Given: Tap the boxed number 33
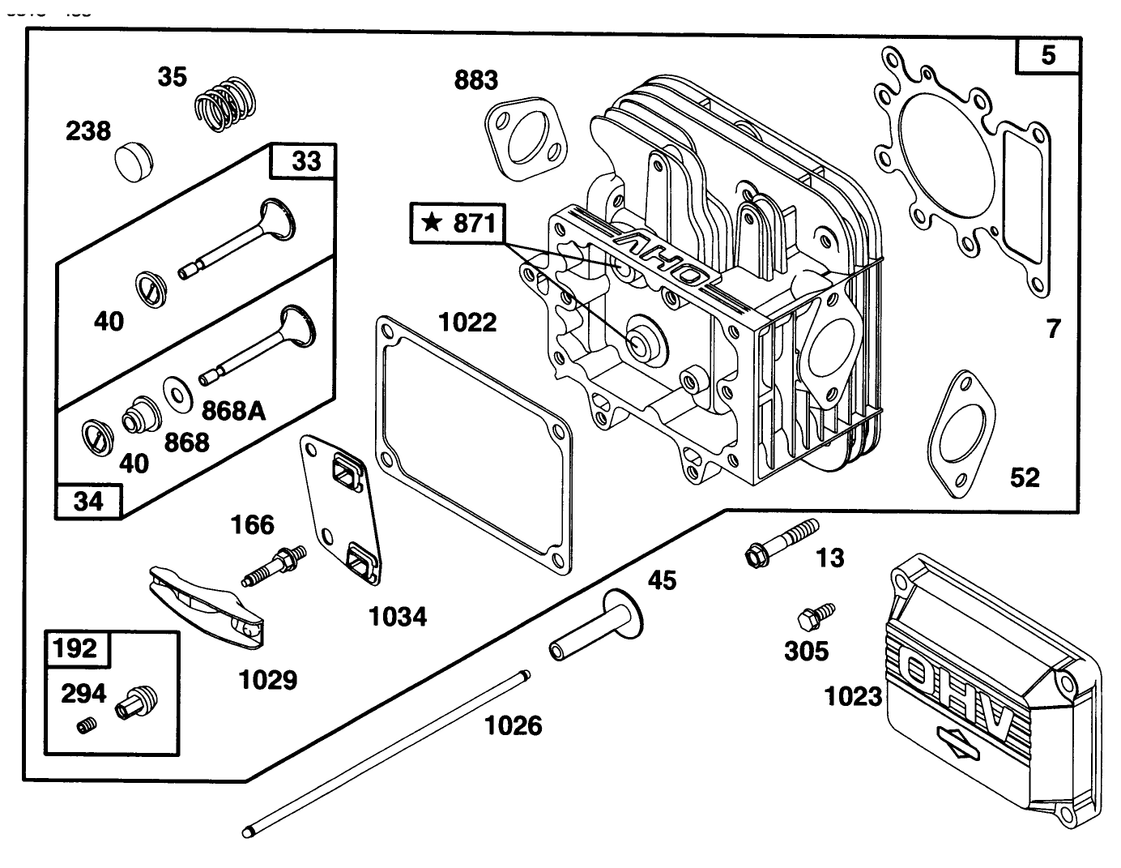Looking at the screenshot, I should (x=305, y=161).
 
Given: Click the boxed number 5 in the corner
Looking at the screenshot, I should (x=1048, y=55).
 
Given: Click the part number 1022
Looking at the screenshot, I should (x=467, y=323).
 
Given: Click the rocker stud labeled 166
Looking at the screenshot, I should (x=275, y=565).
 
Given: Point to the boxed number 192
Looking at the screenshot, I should (x=75, y=648).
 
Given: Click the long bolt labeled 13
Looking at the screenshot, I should (x=778, y=541).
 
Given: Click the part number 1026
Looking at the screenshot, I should (x=513, y=725).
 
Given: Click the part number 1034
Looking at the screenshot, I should (x=398, y=617).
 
